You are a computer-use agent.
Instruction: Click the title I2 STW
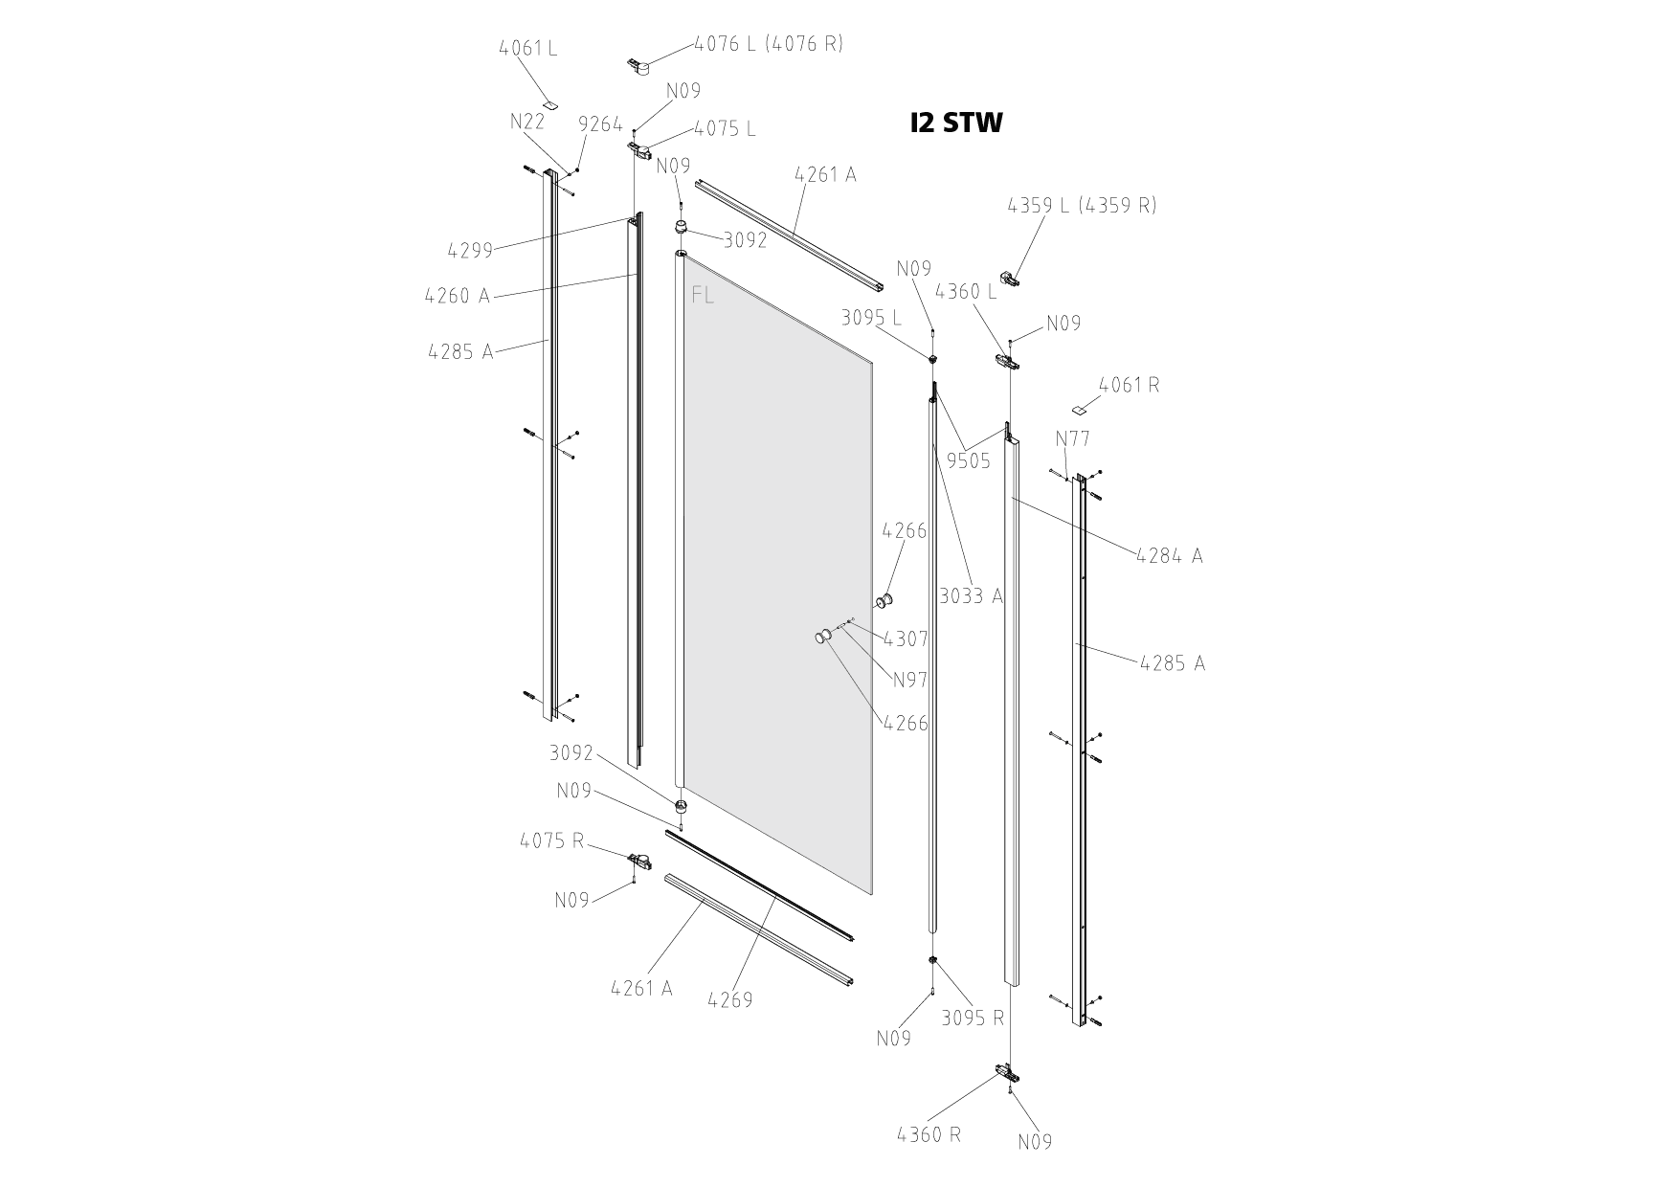[956, 123]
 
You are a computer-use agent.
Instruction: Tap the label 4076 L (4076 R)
[769, 44]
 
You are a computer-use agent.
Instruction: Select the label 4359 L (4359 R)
[1082, 206]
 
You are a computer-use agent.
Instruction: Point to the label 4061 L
[528, 48]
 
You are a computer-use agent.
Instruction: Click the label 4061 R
[1130, 385]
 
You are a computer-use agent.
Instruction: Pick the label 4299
[470, 251]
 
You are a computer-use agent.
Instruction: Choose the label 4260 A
[458, 296]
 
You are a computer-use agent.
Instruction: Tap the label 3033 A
[971, 596]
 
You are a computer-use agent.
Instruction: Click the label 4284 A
[1170, 555]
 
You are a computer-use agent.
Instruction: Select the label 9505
[969, 461]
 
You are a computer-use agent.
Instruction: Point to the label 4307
[906, 638]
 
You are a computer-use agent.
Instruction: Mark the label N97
[910, 681]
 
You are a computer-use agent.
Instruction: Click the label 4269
[730, 1000]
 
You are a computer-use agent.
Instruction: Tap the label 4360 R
[929, 1135]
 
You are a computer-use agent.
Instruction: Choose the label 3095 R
[974, 1019]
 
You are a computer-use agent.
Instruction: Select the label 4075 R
[552, 841]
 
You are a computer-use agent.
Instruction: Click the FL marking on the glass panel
[703, 296]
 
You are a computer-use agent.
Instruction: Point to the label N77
[1073, 439]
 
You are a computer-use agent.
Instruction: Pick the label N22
[527, 122]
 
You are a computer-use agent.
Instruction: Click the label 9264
[600, 124]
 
